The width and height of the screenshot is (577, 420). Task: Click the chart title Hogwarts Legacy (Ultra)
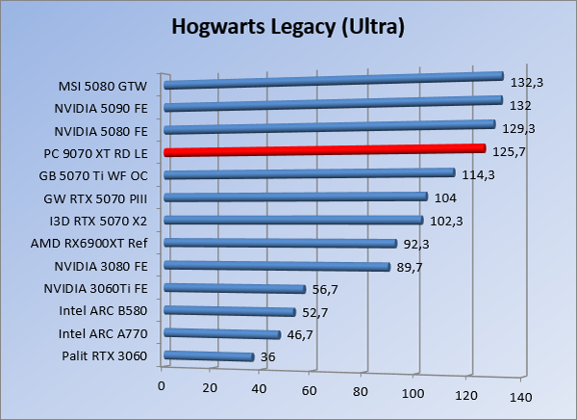coord(288,26)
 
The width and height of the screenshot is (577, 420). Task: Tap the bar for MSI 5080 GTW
coord(334,81)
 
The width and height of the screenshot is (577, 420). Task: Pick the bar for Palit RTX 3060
coord(210,356)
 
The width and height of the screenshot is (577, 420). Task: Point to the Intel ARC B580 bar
coord(230,311)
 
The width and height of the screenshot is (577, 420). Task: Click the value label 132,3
coord(528,83)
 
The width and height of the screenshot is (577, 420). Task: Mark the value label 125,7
coord(511,153)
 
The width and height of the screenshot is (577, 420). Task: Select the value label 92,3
coord(419,245)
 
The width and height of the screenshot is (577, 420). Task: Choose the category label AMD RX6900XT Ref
coord(100,243)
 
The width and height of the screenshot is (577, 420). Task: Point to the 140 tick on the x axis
coord(520,398)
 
